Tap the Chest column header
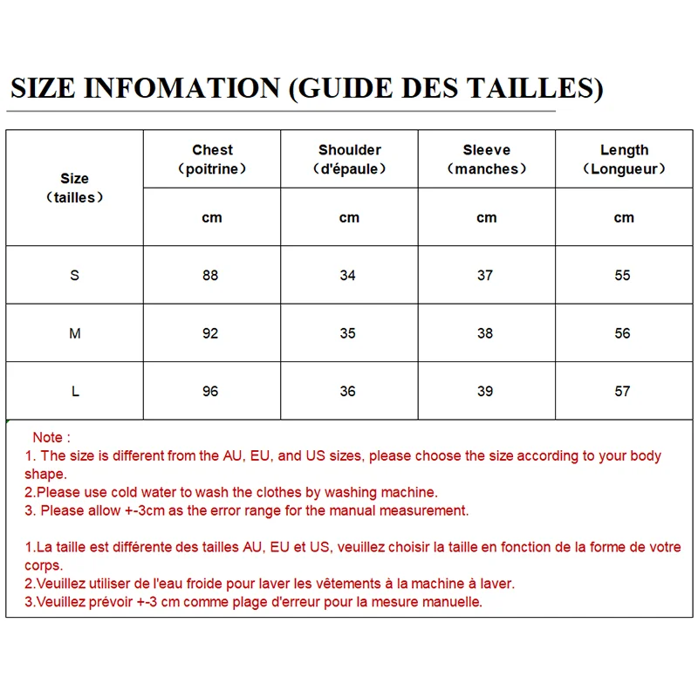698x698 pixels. [x=212, y=150]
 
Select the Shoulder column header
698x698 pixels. [x=349, y=150]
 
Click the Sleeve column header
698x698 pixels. [x=486, y=150]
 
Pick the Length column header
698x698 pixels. [x=624, y=150]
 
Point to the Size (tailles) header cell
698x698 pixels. [x=74, y=188]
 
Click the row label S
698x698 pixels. [x=74, y=276]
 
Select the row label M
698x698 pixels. [x=74, y=333]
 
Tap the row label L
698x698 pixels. [x=75, y=392]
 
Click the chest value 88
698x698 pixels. [x=210, y=276]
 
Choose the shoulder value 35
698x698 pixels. [x=347, y=333]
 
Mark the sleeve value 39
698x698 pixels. [x=485, y=392]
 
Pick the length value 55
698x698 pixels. [x=622, y=276]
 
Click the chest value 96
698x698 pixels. [x=210, y=392]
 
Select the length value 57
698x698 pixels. [x=622, y=392]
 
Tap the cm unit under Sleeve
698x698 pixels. [x=486, y=218]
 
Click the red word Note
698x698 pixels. [x=48, y=437]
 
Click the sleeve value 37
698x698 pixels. [x=485, y=276]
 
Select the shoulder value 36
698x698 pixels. [x=347, y=392]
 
